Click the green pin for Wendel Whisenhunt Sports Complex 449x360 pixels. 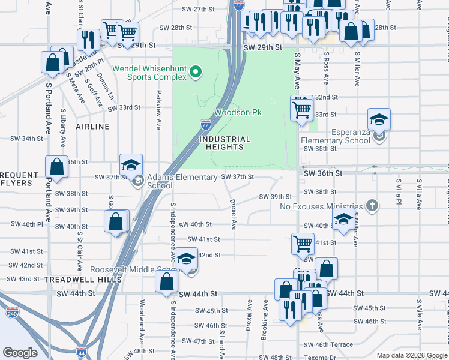(194, 73)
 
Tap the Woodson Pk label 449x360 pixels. (239, 112)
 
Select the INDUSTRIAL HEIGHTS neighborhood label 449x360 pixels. (221, 143)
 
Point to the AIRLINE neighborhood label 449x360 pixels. (92, 127)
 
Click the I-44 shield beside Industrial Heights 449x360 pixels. (206, 125)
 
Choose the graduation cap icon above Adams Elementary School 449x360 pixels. (131, 166)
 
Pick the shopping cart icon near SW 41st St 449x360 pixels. (303, 244)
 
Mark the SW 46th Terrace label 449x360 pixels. (328, 345)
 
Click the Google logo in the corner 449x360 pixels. (20, 353)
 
